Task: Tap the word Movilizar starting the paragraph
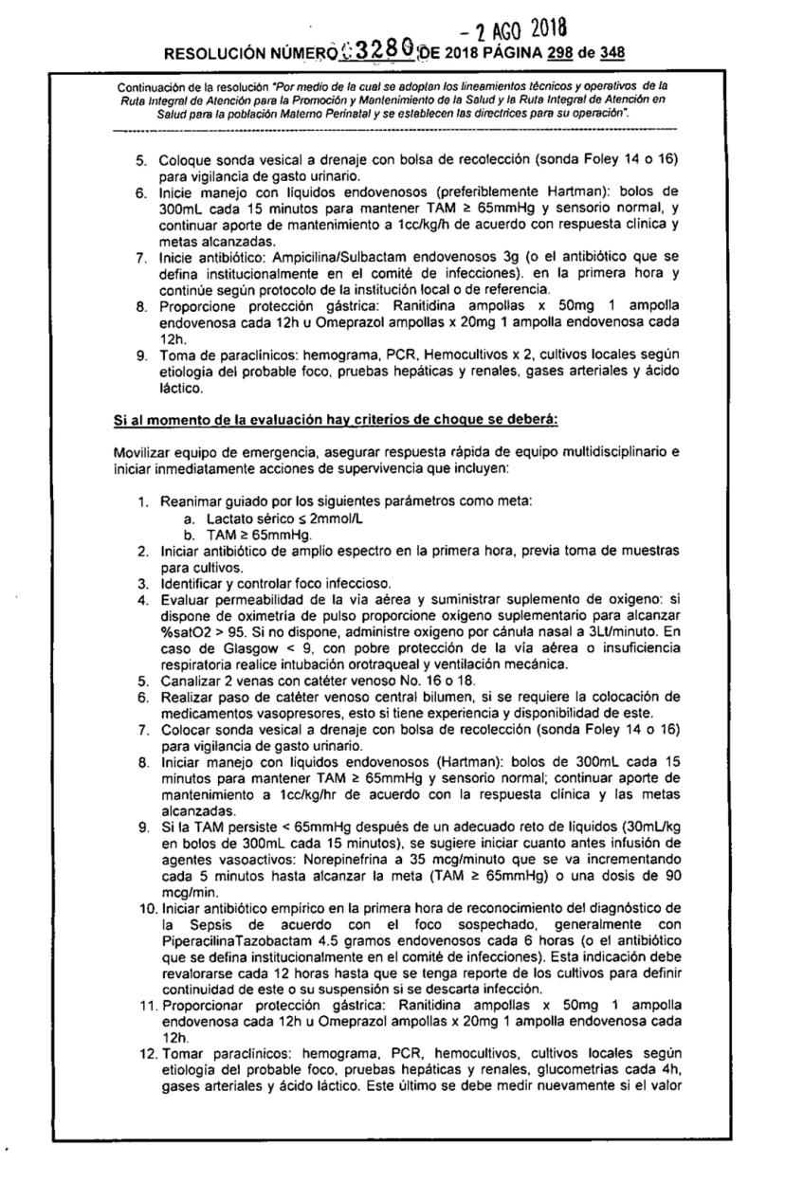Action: [x=142, y=453]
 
